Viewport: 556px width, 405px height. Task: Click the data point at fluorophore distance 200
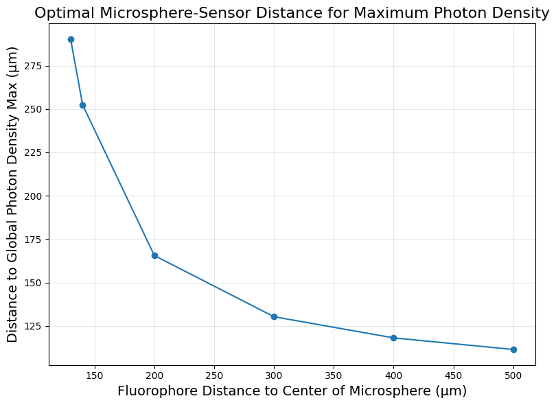pos(154,255)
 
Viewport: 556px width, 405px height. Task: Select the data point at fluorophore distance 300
pos(274,316)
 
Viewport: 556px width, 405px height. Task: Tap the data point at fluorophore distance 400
pos(393,338)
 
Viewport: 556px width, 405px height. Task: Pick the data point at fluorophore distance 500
pos(513,349)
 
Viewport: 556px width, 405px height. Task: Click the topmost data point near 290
pos(71,39)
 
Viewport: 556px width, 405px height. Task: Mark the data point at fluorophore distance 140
pos(82,105)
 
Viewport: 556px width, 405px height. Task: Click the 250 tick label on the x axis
pos(214,375)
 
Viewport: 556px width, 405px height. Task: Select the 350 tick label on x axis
pos(334,375)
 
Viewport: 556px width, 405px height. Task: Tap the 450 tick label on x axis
pos(454,375)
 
